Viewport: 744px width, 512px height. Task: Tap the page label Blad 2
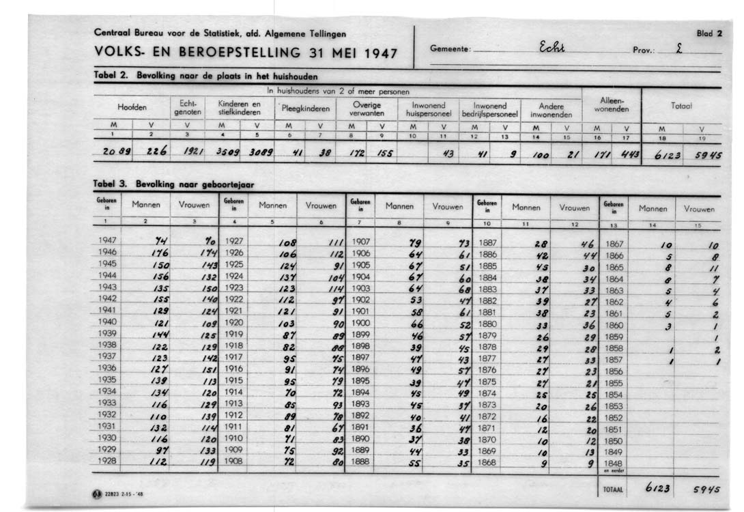coord(709,33)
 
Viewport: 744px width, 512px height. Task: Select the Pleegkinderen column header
coord(305,108)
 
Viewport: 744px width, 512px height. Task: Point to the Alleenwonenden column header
coord(611,105)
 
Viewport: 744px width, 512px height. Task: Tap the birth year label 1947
coord(107,241)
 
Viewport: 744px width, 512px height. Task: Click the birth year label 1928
coord(107,461)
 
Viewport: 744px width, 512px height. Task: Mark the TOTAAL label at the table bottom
coord(613,489)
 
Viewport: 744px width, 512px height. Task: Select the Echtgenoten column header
coord(186,108)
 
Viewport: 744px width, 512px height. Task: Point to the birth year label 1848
coord(614,464)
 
